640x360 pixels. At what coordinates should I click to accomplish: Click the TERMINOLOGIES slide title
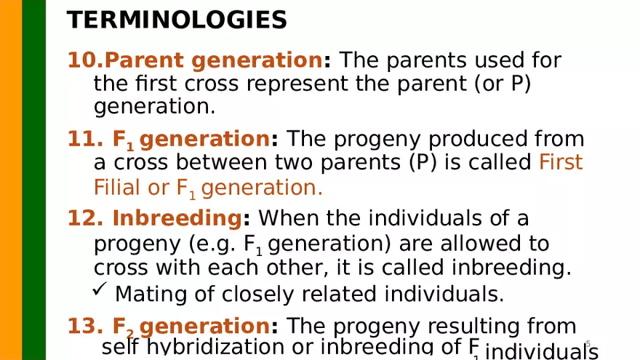(x=177, y=20)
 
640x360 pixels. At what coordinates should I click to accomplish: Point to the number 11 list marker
(x=81, y=138)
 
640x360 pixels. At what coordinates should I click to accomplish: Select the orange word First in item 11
(x=561, y=162)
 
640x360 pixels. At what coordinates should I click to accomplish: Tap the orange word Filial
(x=118, y=188)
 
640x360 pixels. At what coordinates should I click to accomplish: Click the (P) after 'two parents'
(x=424, y=162)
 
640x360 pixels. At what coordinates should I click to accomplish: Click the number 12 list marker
(x=82, y=218)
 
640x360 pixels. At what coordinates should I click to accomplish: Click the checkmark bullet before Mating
(x=101, y=292)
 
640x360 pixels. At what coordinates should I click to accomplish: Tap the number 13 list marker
(x=82, y=326)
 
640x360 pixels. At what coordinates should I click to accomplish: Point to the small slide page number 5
(x=588, y=343)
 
